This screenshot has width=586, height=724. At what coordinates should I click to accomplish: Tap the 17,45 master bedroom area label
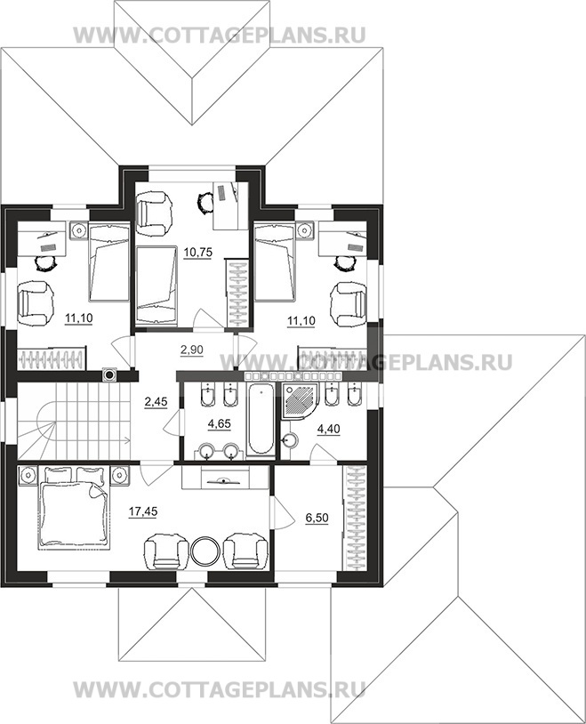(143, 511)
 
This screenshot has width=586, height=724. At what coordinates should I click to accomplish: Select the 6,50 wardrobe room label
(317, 518)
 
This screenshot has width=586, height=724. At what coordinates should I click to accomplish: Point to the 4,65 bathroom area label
(220, 423)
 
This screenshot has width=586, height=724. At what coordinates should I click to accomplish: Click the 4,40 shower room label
(328, 429)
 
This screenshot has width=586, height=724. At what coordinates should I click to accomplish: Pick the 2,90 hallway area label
(192, 350)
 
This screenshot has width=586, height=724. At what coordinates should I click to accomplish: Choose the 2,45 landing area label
(156, 402)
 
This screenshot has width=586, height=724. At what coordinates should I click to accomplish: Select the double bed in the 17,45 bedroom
(75, 508)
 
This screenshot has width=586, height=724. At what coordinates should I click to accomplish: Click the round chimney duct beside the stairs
(110, 375)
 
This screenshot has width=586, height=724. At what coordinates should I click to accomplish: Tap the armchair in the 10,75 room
(155, 213)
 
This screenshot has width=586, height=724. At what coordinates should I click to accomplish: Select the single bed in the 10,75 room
(157, 286)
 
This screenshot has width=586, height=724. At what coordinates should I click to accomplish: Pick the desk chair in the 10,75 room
(205, 202)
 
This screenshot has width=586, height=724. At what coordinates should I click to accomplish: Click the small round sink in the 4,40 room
(290, 441)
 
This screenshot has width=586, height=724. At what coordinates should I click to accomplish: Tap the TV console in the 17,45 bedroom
(225, 477)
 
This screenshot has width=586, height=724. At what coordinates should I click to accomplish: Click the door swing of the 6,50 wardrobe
(283, 512)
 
